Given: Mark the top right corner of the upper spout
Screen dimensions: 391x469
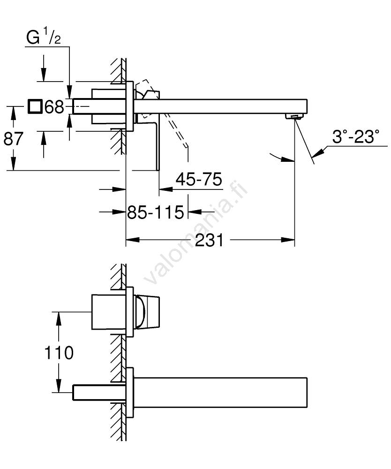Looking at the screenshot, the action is tap(307, 99).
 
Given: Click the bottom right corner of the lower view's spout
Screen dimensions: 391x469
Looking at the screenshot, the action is tap(307, 407).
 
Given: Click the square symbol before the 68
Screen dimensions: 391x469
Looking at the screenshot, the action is tap(34, 106).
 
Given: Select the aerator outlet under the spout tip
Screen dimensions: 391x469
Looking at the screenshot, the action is tap(294, 116).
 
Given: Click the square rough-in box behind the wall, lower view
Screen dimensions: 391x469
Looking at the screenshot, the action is tap(108, 312).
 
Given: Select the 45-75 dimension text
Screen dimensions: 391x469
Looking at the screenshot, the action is tap(199, 179).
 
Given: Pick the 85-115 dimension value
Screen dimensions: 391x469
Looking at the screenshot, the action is tap(156, 212).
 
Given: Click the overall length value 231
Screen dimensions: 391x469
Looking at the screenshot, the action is tap(209, 240).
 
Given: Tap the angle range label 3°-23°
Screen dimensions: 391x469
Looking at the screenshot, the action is tap(355, 136).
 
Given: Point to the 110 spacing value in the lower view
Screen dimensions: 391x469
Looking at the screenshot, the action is tap(59, 353).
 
